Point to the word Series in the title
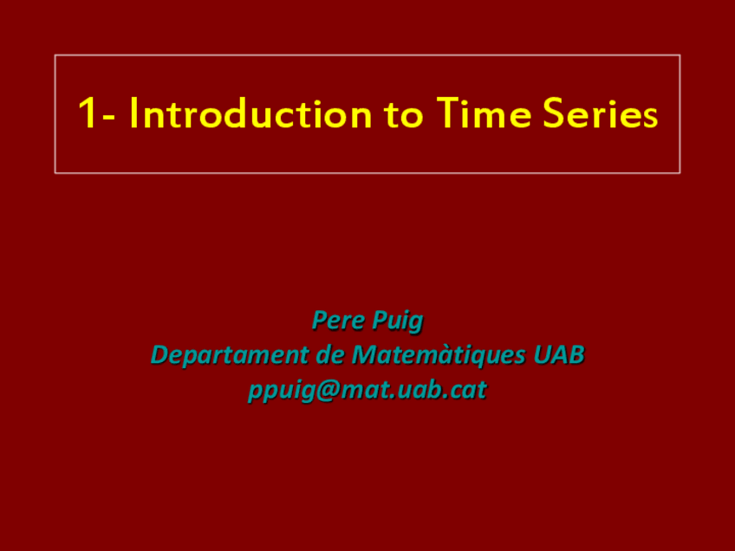[602, 114]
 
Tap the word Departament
[229, 355]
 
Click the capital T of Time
[449, 114]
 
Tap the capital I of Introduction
[134, 114]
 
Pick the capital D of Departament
[159, 355]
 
